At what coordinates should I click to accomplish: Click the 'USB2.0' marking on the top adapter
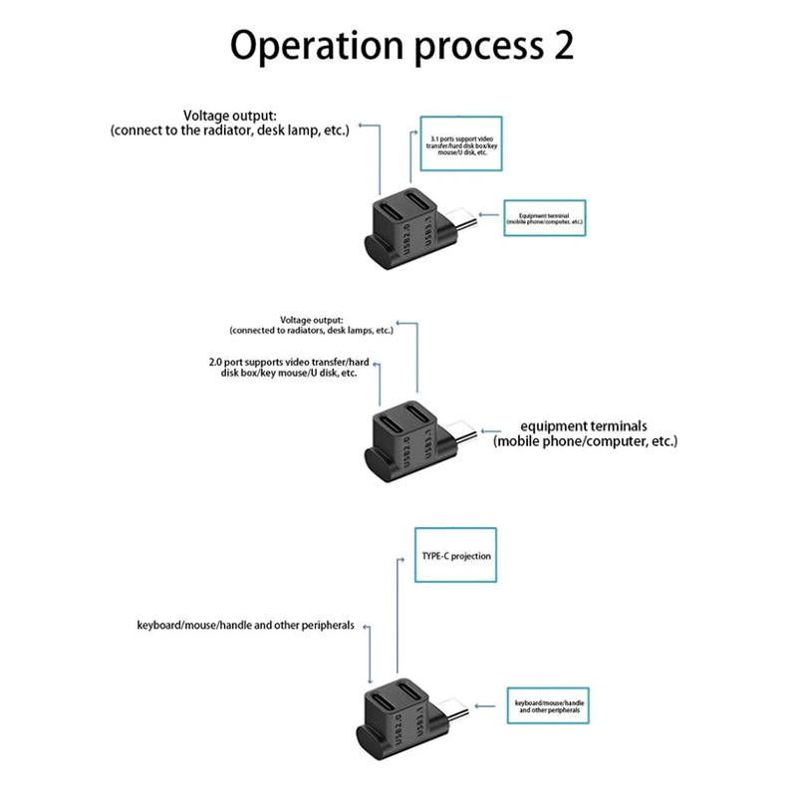coord(405,243)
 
